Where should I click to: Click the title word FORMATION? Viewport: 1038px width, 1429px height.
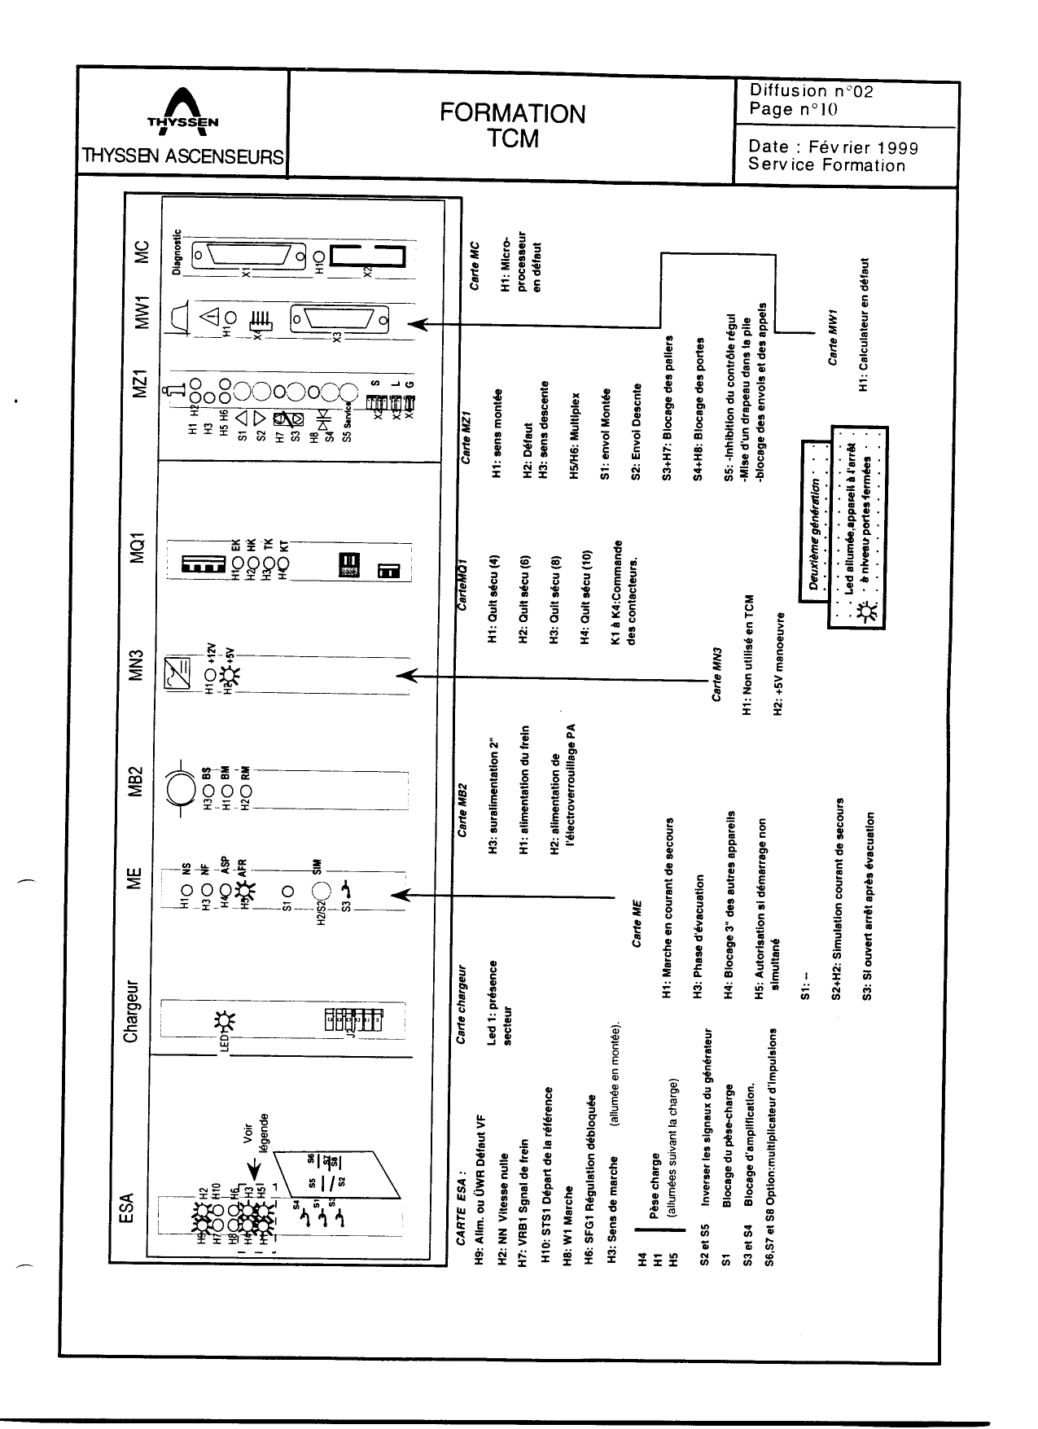pyautogui.click(x=513, y=113)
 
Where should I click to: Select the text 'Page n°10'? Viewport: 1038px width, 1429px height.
pyautogui.click(x=794, y=109)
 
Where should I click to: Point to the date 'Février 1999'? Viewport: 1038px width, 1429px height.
pyautogui.click(x=870, y=147)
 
